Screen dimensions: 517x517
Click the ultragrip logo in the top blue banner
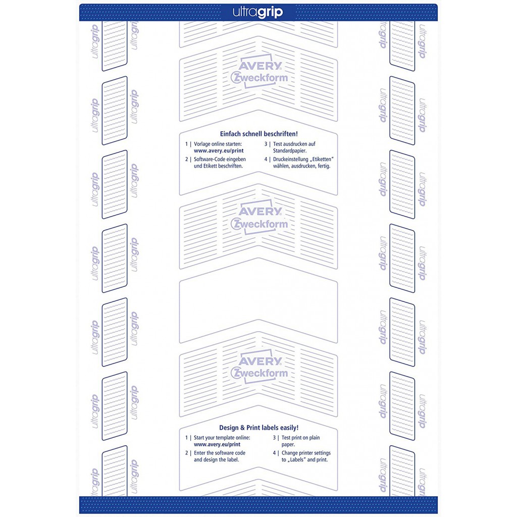click(x=258, y=12)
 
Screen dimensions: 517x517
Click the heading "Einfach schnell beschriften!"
click(x=259, y=134)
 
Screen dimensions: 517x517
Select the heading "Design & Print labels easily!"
click(x=259, y=428)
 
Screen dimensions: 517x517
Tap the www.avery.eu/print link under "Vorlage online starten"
click(x=219, y=150)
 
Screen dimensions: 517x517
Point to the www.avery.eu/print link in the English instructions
click(x=217, y=444)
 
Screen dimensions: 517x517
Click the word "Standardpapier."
click(x=290, y=150)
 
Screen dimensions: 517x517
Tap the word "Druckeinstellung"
click(x=290, y=159)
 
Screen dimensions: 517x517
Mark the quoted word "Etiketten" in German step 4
click(x=322, y=159)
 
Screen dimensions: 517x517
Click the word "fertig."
click(x=324, y=166)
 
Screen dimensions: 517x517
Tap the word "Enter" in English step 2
click(x=200, y=453)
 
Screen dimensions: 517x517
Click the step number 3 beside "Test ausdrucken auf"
click(x=266, y=144)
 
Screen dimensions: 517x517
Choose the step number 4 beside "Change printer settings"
click(x=274, y=453)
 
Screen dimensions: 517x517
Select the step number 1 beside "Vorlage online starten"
click(x=186, y=144)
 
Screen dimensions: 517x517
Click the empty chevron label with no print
click(x=258, y=300)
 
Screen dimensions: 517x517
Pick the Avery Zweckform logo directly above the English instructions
click(x=259, y=368)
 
